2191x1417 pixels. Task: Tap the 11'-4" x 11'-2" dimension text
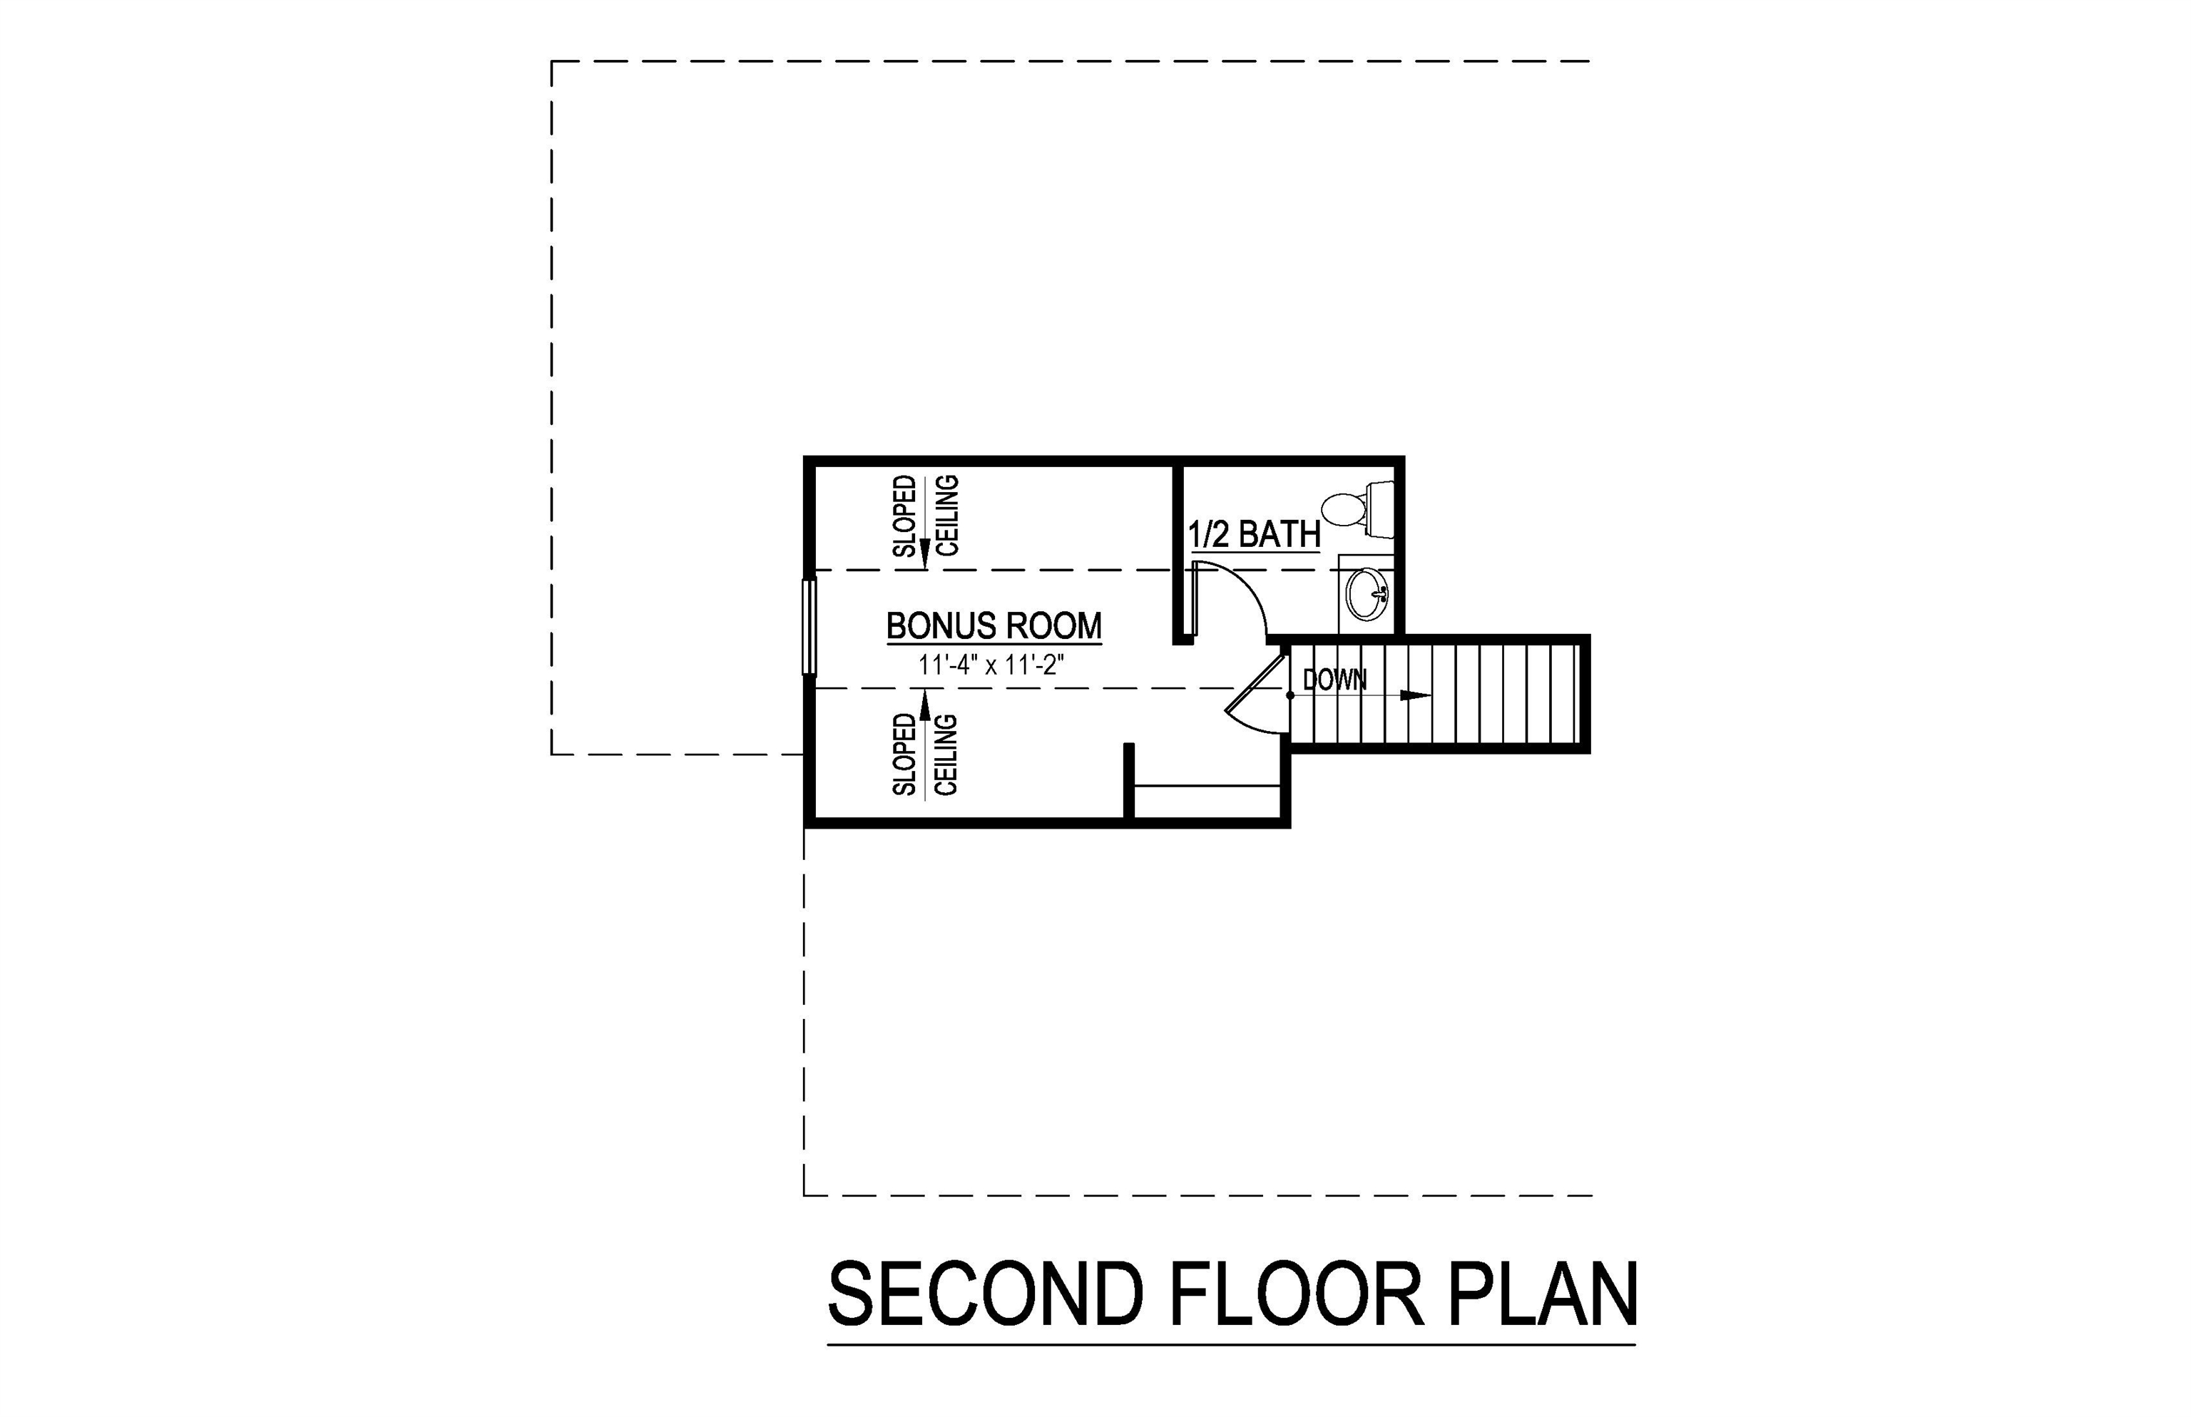tap(991, 665)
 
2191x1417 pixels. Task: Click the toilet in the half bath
tap(1345, 510)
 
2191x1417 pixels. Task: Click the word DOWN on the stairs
tap(1334, 680)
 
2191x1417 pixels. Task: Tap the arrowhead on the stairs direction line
tap(1415, 695)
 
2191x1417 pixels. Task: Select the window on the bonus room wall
tap(809, 627)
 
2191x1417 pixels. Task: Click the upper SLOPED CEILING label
tap(926, 516)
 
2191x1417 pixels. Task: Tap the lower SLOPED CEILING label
tap(926, 754)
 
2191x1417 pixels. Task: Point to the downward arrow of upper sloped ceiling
tap(926, 552)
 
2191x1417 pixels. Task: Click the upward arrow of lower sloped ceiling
tap(926, 704)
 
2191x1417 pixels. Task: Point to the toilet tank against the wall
tap(1380, 509)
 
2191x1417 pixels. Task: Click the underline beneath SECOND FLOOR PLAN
tap(1231, 1345)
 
